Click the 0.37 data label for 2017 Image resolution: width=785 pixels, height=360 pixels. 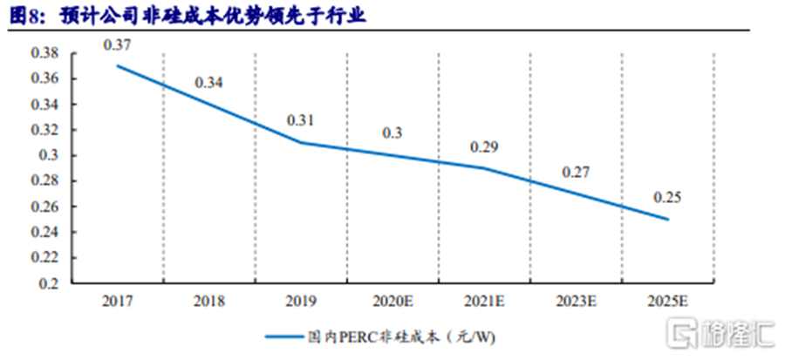point(118,44)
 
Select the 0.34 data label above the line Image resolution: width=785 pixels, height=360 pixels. point(209,84)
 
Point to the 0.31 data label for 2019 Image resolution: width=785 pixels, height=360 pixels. point(301,120)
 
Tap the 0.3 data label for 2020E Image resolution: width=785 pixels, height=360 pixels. point(392,132)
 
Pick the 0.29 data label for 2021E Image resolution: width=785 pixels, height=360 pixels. point(484,146)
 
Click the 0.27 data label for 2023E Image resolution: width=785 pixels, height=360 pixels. point(576,172)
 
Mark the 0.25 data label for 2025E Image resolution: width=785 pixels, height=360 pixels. point(666,198)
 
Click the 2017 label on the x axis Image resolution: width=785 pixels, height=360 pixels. point(118,302)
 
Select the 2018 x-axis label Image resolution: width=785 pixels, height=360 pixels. point(209,302)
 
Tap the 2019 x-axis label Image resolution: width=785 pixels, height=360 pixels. point(301,302)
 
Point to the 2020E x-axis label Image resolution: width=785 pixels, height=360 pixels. point(392,302)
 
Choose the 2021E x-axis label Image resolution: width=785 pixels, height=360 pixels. point(484,302)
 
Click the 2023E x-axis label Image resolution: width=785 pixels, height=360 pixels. point(576,302)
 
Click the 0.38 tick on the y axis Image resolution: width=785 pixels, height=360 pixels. point(45,53)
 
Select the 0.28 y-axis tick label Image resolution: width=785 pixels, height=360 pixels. point(45,181)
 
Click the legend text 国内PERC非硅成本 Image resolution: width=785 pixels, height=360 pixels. point(410,336)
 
